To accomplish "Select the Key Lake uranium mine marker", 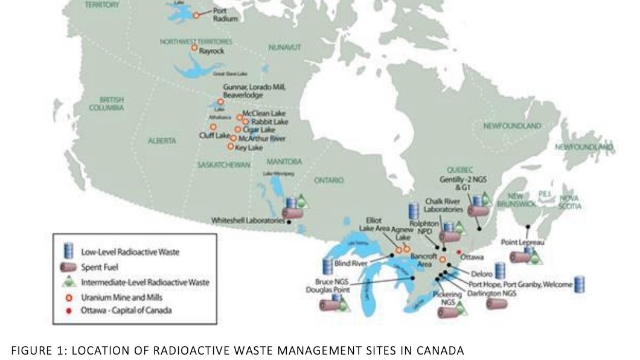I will point(230,146).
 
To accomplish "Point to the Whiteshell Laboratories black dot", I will point(289,222).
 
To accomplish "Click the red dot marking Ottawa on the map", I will point(459,252).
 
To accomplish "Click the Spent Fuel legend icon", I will point(69,266).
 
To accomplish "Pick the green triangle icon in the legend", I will point(69,281).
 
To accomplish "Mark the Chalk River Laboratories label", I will point(444,205).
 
